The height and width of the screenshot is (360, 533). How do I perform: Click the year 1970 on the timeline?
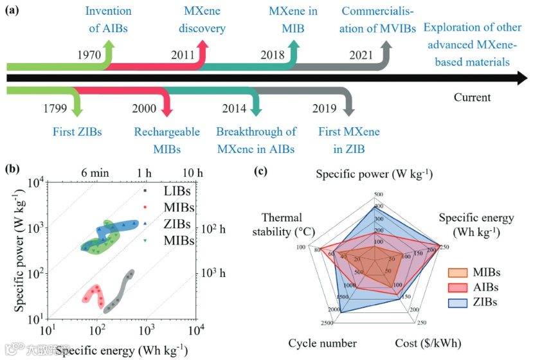[89, 55]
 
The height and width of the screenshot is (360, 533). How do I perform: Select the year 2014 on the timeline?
[234, 107]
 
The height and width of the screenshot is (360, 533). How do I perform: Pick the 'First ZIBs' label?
[77, 132]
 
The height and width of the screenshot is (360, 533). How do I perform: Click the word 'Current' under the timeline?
[472, 98]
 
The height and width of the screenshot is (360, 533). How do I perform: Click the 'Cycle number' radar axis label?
[323, 343]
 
